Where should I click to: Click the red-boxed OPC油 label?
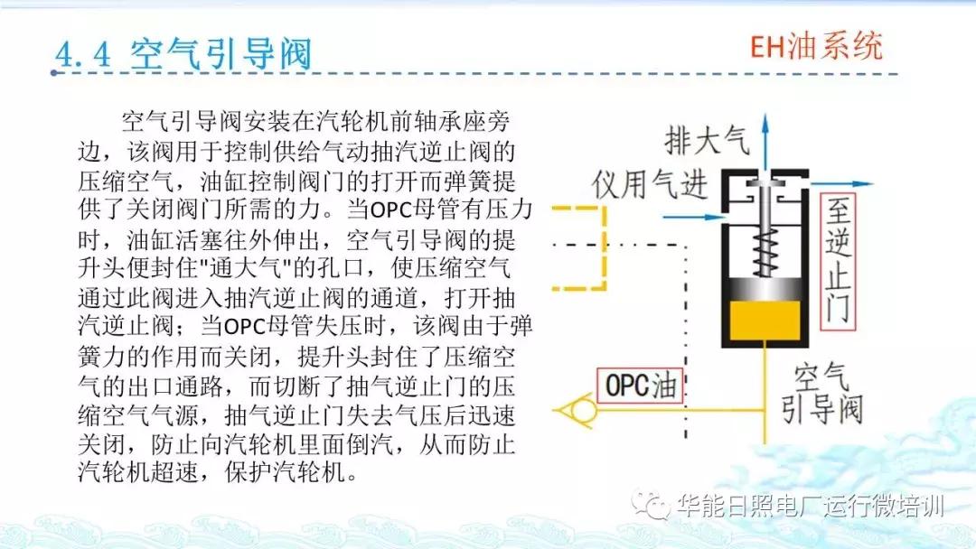tap(640, 386)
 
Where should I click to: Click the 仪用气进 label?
tap(649, 184)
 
